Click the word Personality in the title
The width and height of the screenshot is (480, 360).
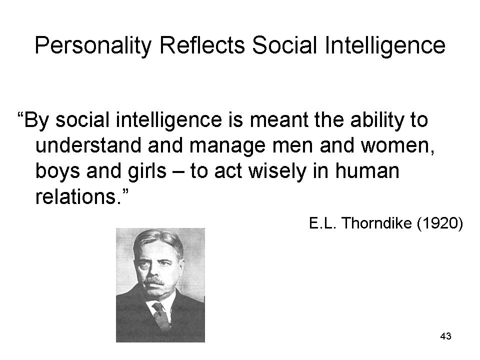coord(93,46)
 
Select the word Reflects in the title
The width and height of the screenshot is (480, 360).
coord(202,45)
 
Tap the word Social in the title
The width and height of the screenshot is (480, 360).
coord(284,45)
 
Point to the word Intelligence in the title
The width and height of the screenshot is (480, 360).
coord(385,46)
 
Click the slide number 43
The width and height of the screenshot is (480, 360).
coord(445,336)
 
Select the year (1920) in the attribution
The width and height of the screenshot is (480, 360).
coord(440,223)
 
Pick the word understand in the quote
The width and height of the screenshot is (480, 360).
coord(88,145)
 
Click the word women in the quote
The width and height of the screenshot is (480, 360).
coord(397,145)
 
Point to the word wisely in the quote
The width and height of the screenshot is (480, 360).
coord(277,171)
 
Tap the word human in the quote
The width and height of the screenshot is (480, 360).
coord(367,170)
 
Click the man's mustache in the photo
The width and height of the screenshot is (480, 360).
coord(154,280)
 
